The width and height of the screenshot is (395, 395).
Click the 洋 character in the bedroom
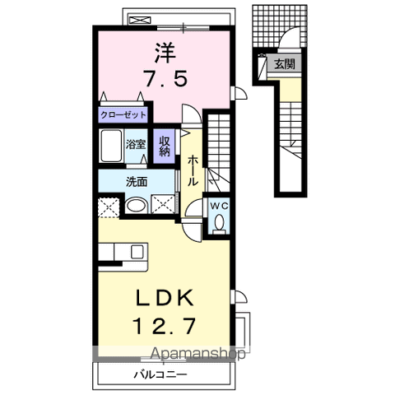click(165, 52)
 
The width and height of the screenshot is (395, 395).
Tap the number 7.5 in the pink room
click(166, 78)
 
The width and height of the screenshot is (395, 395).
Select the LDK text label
click(165, 298)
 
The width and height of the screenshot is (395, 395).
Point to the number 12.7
click(165, 326)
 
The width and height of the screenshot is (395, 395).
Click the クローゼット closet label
click(123, 115)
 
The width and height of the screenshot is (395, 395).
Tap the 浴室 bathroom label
click(136, 145)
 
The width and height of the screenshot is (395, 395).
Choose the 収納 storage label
click(165, 146)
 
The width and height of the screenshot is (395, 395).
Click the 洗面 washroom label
click(137, 182)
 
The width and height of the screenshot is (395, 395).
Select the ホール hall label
click(193, 170)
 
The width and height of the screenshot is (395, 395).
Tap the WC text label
click(219, 206)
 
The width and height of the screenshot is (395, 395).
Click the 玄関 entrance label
click(285, 64)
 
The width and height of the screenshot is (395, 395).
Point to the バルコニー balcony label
click(160, 374)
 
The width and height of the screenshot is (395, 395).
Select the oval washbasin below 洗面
click(137, 205)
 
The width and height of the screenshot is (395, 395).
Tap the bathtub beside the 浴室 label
click(111, 146)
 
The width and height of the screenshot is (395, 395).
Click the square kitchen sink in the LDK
click(137, 252)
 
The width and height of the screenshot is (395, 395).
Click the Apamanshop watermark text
click(198, 354)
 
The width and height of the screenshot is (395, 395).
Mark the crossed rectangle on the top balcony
click(140, 20)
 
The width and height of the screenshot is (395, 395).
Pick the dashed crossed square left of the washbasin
click(109, 207)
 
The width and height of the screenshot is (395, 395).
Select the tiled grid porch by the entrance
click(279, 26)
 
